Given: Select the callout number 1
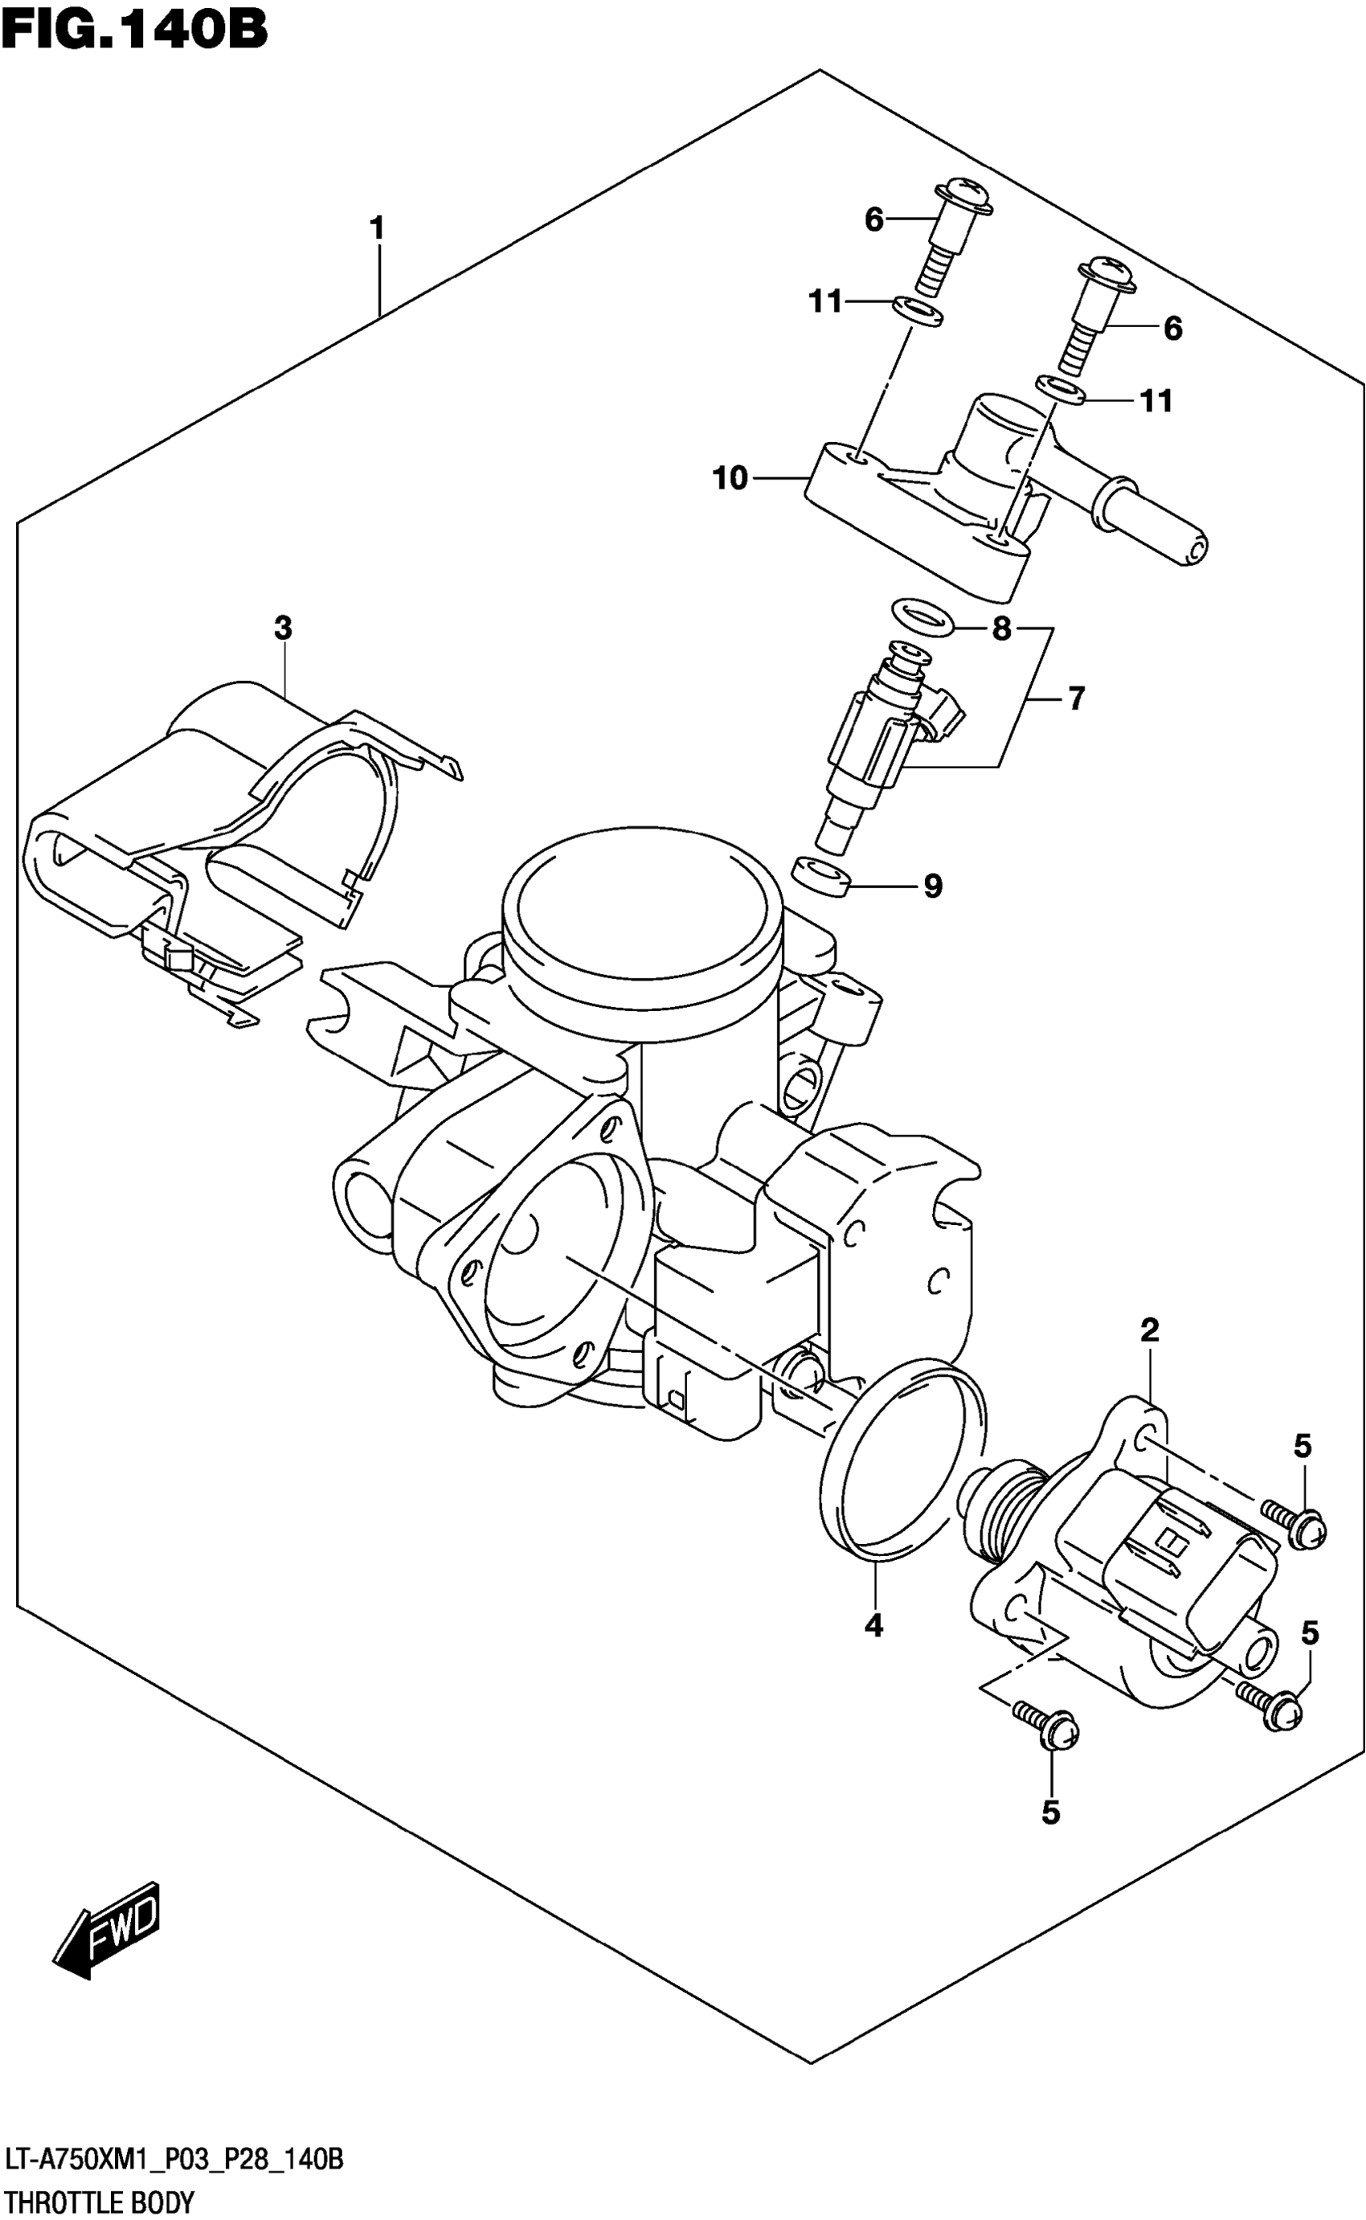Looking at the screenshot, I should pos(378,227).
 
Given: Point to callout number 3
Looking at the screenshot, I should pos(283,628).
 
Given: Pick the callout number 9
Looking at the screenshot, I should pos(932,887).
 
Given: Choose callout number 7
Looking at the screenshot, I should pos(1075,698).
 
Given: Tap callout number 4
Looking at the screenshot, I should pos(873,1625).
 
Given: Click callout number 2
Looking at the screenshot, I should pos(1149,1330).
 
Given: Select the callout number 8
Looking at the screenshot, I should pos(1001,628).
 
